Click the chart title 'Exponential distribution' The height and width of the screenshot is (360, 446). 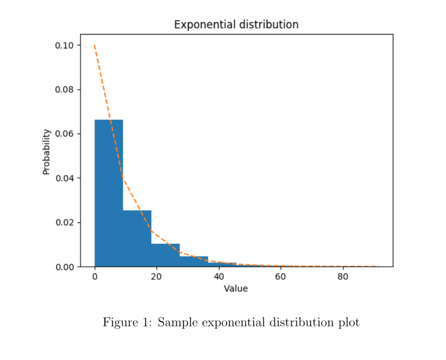click(x=236, y=24)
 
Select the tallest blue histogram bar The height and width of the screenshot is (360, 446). click(x=108, y=194)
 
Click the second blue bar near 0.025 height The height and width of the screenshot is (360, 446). click(x=137, y=239)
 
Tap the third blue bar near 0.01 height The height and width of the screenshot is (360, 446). click(x=165, y=256)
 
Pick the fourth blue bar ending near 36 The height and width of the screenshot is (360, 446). click(x=193, y=262)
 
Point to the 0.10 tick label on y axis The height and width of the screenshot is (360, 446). click(x=64, y=45)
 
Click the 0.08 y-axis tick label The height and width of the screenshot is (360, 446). click(x=64, y=90)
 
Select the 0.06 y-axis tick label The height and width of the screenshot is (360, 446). click(x=64, y=134)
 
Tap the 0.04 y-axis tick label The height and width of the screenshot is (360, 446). click(x=64, y=178)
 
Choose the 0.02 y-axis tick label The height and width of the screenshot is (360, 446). click(x=64, y=222)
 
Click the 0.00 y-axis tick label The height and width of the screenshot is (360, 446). click(x=64, y=267)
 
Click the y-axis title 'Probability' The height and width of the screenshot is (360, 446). click(x=47, y=152)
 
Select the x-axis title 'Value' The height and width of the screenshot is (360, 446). click(x=236, y=289)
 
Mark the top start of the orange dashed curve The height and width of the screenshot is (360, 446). click(x=95, y=45)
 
